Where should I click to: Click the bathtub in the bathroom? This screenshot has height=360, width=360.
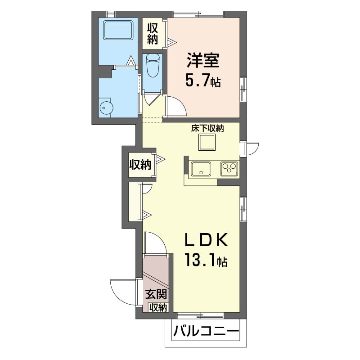coord(118,31)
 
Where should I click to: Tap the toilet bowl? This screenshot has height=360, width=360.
coord(153,65)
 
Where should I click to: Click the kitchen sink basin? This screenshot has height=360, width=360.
coord(201,169)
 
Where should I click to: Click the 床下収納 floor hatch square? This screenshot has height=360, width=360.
coord(207,142)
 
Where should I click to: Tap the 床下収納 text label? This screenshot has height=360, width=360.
coord(207,129)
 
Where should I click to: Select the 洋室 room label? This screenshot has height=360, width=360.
coord(203,60)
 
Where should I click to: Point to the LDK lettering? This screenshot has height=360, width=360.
coord(207,240)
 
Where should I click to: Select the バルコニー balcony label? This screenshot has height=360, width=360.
coord(206,332)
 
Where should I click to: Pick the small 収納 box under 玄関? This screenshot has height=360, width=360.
coord(158,307)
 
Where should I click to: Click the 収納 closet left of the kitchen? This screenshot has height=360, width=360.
coord(140,165)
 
